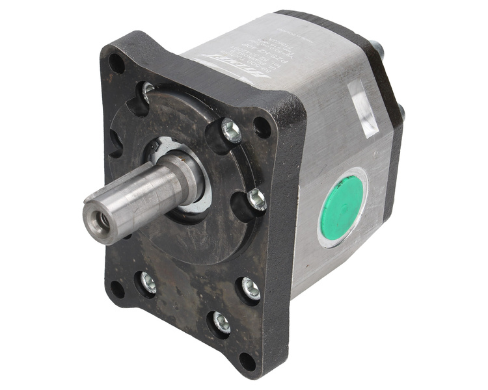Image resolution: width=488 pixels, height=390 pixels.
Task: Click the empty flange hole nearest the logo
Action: point(262,127)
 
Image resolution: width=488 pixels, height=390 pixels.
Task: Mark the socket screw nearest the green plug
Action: point(257,200)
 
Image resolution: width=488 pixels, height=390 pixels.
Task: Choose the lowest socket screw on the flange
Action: point(220,322)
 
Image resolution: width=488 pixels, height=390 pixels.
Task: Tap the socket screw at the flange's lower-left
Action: point(148,281)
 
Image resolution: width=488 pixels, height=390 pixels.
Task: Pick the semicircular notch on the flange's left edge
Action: point(113,142)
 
